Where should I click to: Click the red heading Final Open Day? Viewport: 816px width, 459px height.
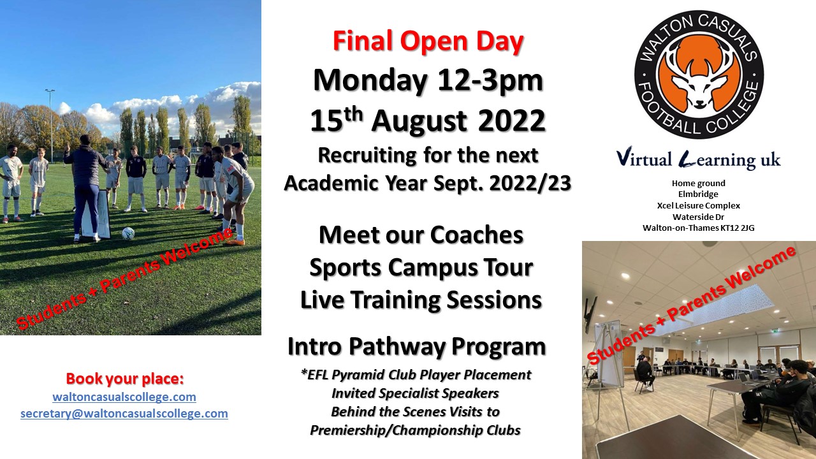point(428,42)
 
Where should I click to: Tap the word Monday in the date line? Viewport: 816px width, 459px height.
point(370,81)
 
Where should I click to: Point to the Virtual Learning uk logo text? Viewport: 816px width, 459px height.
point(698,160)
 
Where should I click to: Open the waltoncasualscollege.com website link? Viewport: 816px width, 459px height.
point(124,397)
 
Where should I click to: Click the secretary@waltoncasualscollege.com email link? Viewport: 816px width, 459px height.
point(124,414)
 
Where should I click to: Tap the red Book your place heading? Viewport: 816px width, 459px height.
point(124,379)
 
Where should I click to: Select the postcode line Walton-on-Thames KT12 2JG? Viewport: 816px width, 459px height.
point(698,228)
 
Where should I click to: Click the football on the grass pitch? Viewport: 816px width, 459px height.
point(128,233)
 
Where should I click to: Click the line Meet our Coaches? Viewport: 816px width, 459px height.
point(421,235)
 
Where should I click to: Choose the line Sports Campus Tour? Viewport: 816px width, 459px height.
point(421,268)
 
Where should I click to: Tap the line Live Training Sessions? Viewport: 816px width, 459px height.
point(421,300)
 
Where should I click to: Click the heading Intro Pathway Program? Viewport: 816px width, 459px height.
point(417,346)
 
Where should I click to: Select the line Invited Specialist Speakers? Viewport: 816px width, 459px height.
point(415,393)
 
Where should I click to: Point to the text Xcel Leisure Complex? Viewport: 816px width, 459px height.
point(698,205)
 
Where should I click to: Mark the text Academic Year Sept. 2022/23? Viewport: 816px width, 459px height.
point(428,183)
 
